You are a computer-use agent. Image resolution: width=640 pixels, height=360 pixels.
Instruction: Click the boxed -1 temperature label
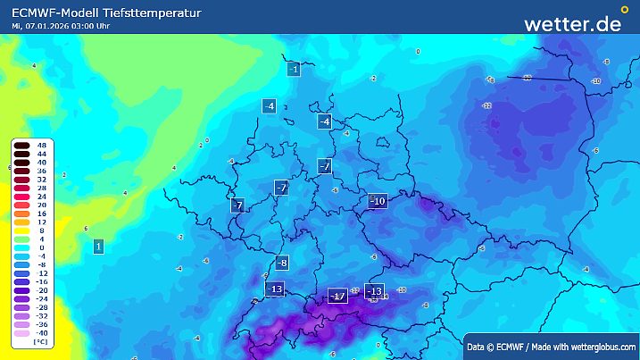tap(294, 69)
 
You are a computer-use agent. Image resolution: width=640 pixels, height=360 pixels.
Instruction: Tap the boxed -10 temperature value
tap(378, 201)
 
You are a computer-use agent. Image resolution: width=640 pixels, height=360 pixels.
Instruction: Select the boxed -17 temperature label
tap(337, 296)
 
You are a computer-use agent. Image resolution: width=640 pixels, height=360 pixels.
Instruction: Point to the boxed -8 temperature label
tap(282, 263)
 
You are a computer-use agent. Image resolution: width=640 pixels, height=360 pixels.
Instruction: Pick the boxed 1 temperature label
tap(97, 246)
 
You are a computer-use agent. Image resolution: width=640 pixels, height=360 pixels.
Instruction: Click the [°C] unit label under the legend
tap(41, 341)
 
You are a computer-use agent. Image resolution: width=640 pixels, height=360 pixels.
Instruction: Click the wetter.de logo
tap(572, 23)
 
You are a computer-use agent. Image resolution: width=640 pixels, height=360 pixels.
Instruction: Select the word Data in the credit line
tap(476, 346)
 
